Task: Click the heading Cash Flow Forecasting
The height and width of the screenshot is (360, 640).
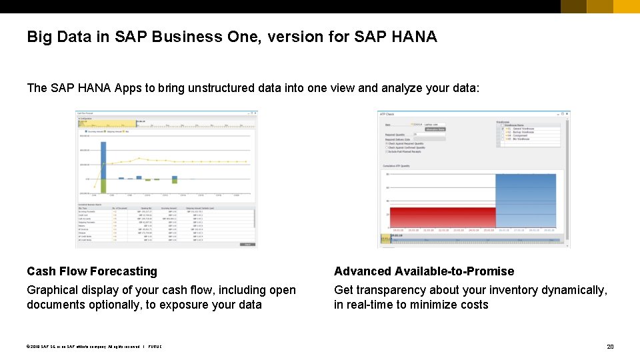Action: (92, 271)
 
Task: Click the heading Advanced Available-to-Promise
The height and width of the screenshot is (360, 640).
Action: (424, 271)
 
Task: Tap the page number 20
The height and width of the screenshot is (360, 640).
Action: (609, 347)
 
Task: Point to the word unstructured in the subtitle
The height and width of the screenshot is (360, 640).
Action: (203, 88)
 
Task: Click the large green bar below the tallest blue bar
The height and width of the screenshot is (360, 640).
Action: (103, 186)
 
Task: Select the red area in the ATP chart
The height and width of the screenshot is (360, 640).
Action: (442, 218)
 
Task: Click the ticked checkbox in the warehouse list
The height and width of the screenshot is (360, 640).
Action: (502, 128)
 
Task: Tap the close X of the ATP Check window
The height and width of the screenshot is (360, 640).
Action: (567, 114)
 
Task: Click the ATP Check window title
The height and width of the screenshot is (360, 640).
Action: (387, 114)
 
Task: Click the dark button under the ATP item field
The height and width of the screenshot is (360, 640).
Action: (435, 129)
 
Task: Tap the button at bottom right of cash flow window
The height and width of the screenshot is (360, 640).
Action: (247, 244)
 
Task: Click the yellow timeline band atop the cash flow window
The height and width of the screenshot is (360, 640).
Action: (107, 123)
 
